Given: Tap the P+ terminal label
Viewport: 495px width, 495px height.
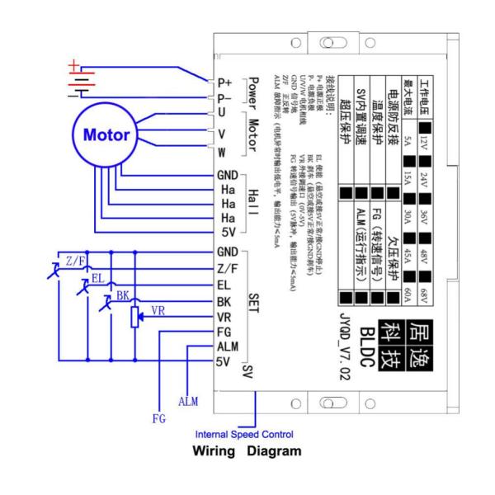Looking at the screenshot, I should pyautogui.click(x=224, y=82).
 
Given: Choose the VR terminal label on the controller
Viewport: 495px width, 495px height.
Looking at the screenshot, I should pyautogui.click(x=223, y=318).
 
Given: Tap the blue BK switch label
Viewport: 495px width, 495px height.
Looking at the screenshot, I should pyautogui.click(x=123, y=293).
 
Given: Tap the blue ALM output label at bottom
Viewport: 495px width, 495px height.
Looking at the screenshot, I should pyautogui.click(x=188, y=399).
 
